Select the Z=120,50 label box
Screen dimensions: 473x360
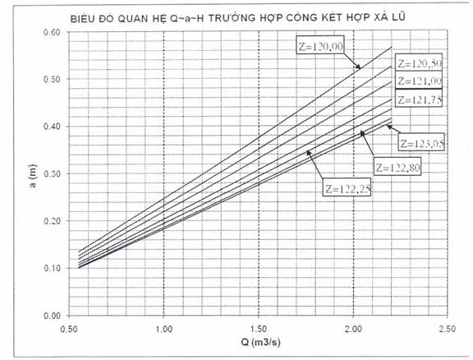pyautogui.click(x=419, y=63)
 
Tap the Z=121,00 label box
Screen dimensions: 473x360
pyautogui.click(x=419, y=81)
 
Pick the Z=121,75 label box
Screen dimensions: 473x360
pyautogui.click(x=419, y=98)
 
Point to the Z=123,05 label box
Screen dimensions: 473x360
pyautogui.click(x=422, y=141)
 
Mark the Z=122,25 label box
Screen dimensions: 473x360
pyautogui.click(x=347, y=187)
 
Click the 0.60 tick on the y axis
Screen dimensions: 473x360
pyautogui.click(x=52, y=32)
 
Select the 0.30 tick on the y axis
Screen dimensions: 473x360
pyautogui.click(x=52, y=173)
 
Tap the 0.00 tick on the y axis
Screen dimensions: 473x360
pyautogui.click(x=52, y=316)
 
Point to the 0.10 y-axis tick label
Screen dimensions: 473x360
pyautogui.click(x=52, y=268)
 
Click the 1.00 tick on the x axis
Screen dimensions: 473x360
pyautogui.click(x=163, y=328)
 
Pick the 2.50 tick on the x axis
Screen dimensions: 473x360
pyautogui.click(x=448, y=328)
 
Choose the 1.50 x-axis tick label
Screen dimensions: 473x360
pyautogui.click(x=258, y=328)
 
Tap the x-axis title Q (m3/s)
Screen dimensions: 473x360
pyautogui.click(x=260, y=343)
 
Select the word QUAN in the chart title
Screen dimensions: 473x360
pyautogui.click(x=135, y=18)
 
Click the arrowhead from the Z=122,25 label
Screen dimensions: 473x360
pyautogui.click(x=309, y=153)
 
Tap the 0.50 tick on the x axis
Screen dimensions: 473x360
pyautogui.click(x=69, y=328)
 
